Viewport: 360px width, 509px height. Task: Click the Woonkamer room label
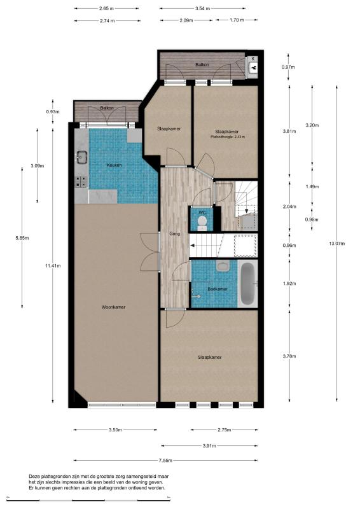pos(113,307)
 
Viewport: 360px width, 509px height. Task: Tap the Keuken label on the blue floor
pos(114,165)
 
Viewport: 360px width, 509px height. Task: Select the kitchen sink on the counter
pos(81,157)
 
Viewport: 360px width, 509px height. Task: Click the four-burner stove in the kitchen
pos(81,182)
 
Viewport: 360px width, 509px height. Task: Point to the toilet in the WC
pos(202,223)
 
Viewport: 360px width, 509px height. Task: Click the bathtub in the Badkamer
pos(248,284)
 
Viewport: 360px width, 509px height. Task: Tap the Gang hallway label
pos(175,234)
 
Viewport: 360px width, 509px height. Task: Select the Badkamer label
pos(218,289)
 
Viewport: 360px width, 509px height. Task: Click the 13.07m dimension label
pos(336,244)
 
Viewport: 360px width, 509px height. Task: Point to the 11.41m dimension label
pos(53,265)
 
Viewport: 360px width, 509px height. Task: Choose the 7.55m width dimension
pos(165,460)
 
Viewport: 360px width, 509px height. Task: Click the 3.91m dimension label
pos(209,446)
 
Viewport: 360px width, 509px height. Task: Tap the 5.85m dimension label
pos(22,238)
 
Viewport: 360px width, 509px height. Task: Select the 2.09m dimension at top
pos(186,20)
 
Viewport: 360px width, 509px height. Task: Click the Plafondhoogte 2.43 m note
pos(228,137)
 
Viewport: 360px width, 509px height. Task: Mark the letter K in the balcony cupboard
pos(253,59)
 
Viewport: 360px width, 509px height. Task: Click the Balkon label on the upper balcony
pos(202,65)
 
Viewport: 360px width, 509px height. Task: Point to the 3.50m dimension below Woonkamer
pos(115,430)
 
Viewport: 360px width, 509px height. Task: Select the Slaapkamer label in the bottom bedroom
pos(210,358)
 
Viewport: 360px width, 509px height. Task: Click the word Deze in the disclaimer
pos(34,477)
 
